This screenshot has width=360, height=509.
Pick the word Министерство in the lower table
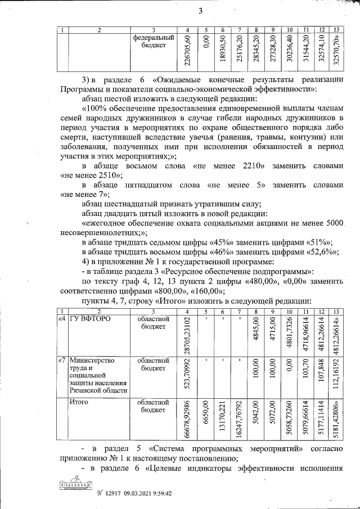[91, 360]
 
